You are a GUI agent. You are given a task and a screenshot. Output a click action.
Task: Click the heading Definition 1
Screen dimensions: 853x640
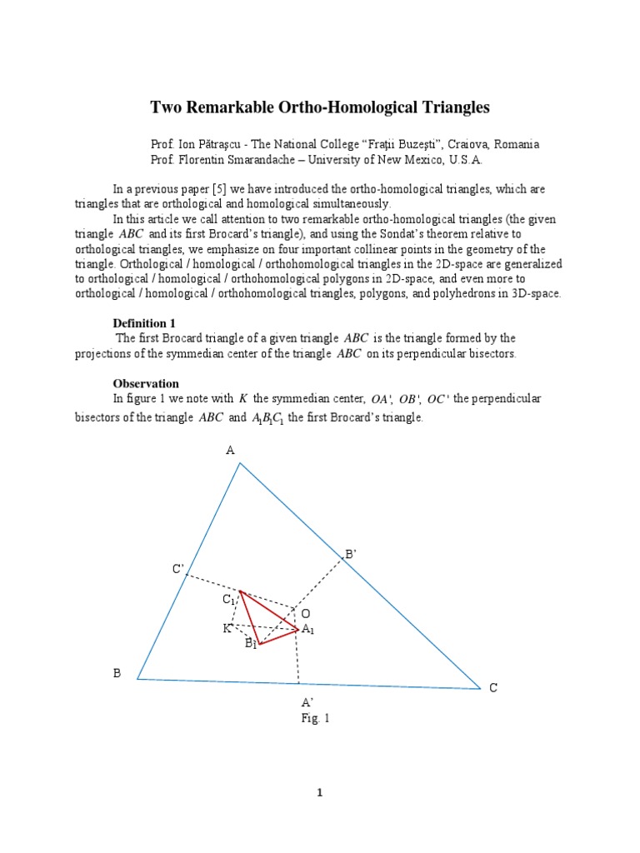tap(145, 322)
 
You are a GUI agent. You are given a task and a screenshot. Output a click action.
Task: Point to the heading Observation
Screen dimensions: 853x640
tap(146, 383)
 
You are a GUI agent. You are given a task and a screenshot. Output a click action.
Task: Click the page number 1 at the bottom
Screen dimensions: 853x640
tap(319, 792)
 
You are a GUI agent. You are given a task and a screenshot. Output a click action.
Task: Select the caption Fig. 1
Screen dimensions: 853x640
tap(316, 717)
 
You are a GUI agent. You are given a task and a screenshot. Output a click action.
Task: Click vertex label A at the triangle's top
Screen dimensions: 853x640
tap(231, 450)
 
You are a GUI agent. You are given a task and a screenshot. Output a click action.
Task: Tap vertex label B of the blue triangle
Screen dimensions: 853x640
tap(117, 673)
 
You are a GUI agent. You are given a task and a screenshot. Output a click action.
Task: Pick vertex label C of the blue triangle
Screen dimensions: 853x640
tap(493, 688)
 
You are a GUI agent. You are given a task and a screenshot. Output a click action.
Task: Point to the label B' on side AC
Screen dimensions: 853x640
tap(351, 553)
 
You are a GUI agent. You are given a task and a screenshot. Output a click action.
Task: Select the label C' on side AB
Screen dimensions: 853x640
tap(177, 569)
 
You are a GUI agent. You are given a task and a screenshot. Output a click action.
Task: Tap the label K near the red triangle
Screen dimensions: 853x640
tap(227, 628)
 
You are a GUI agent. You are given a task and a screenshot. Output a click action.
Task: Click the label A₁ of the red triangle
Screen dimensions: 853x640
tap(308, 630)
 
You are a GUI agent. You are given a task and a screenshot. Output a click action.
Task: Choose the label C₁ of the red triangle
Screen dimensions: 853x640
tap(228, 600)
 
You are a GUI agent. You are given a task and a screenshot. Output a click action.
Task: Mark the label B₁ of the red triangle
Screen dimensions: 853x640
tap(250, 644)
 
